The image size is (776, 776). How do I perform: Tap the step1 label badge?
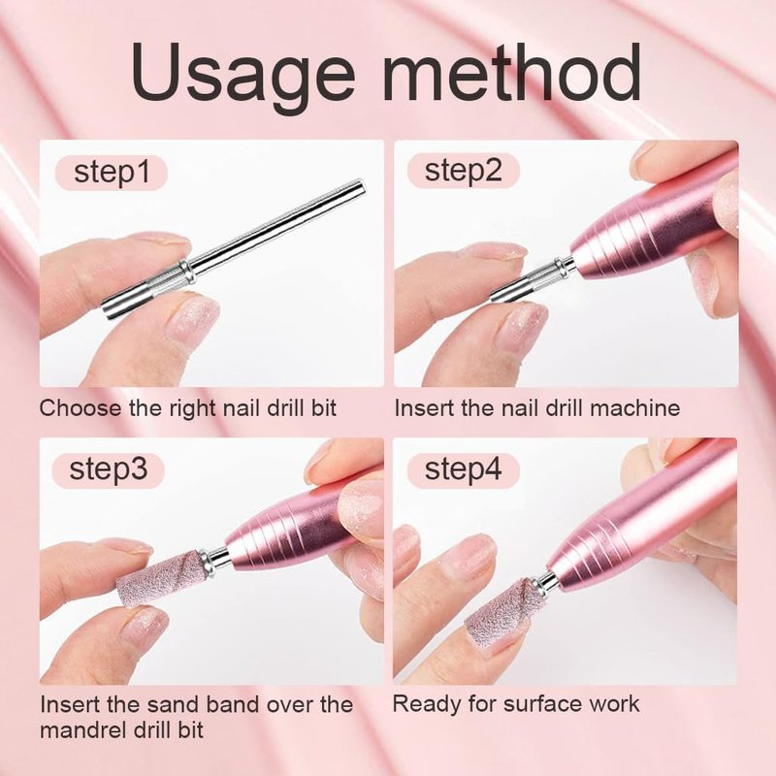112,173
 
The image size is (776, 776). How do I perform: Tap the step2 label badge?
464,171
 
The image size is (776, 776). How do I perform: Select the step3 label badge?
109,469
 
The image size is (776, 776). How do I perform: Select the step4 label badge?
464,469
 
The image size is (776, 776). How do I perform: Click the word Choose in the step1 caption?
81,408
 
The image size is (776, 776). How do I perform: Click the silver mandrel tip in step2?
532,279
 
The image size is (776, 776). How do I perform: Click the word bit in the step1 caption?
324,408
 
